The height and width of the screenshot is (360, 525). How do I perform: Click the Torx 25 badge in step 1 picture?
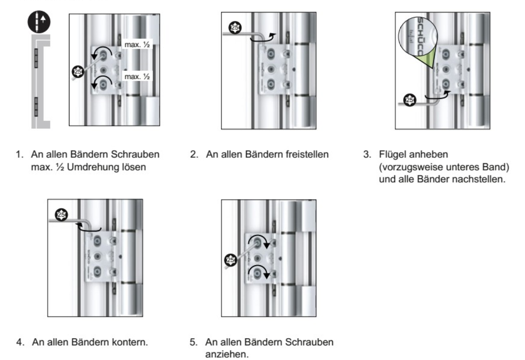click(x=77, y=72)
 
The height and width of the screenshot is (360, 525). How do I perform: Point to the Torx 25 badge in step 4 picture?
click(x=61, y=214)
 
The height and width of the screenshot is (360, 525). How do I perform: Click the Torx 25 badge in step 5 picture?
click(x=231, y=260)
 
